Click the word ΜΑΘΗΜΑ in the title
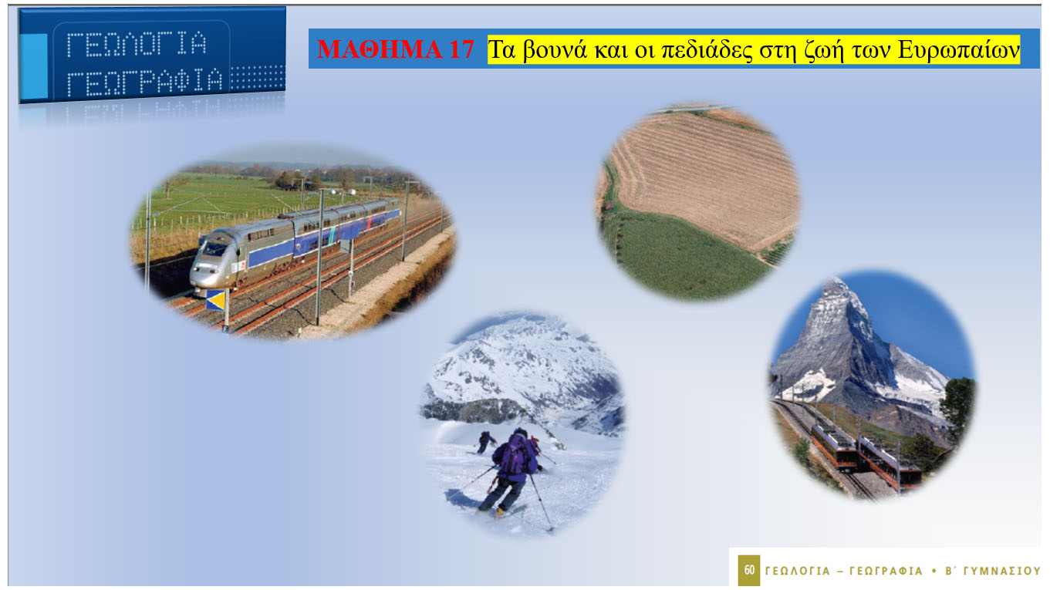(380, 49)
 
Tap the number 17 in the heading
(461, 49)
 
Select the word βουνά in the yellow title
(555, 49)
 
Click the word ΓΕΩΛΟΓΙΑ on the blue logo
(137, 44)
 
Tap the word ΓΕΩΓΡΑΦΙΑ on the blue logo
(144, 82)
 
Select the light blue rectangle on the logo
(34, 66)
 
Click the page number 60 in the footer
(749, 570)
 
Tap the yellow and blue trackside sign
(215, 300)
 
